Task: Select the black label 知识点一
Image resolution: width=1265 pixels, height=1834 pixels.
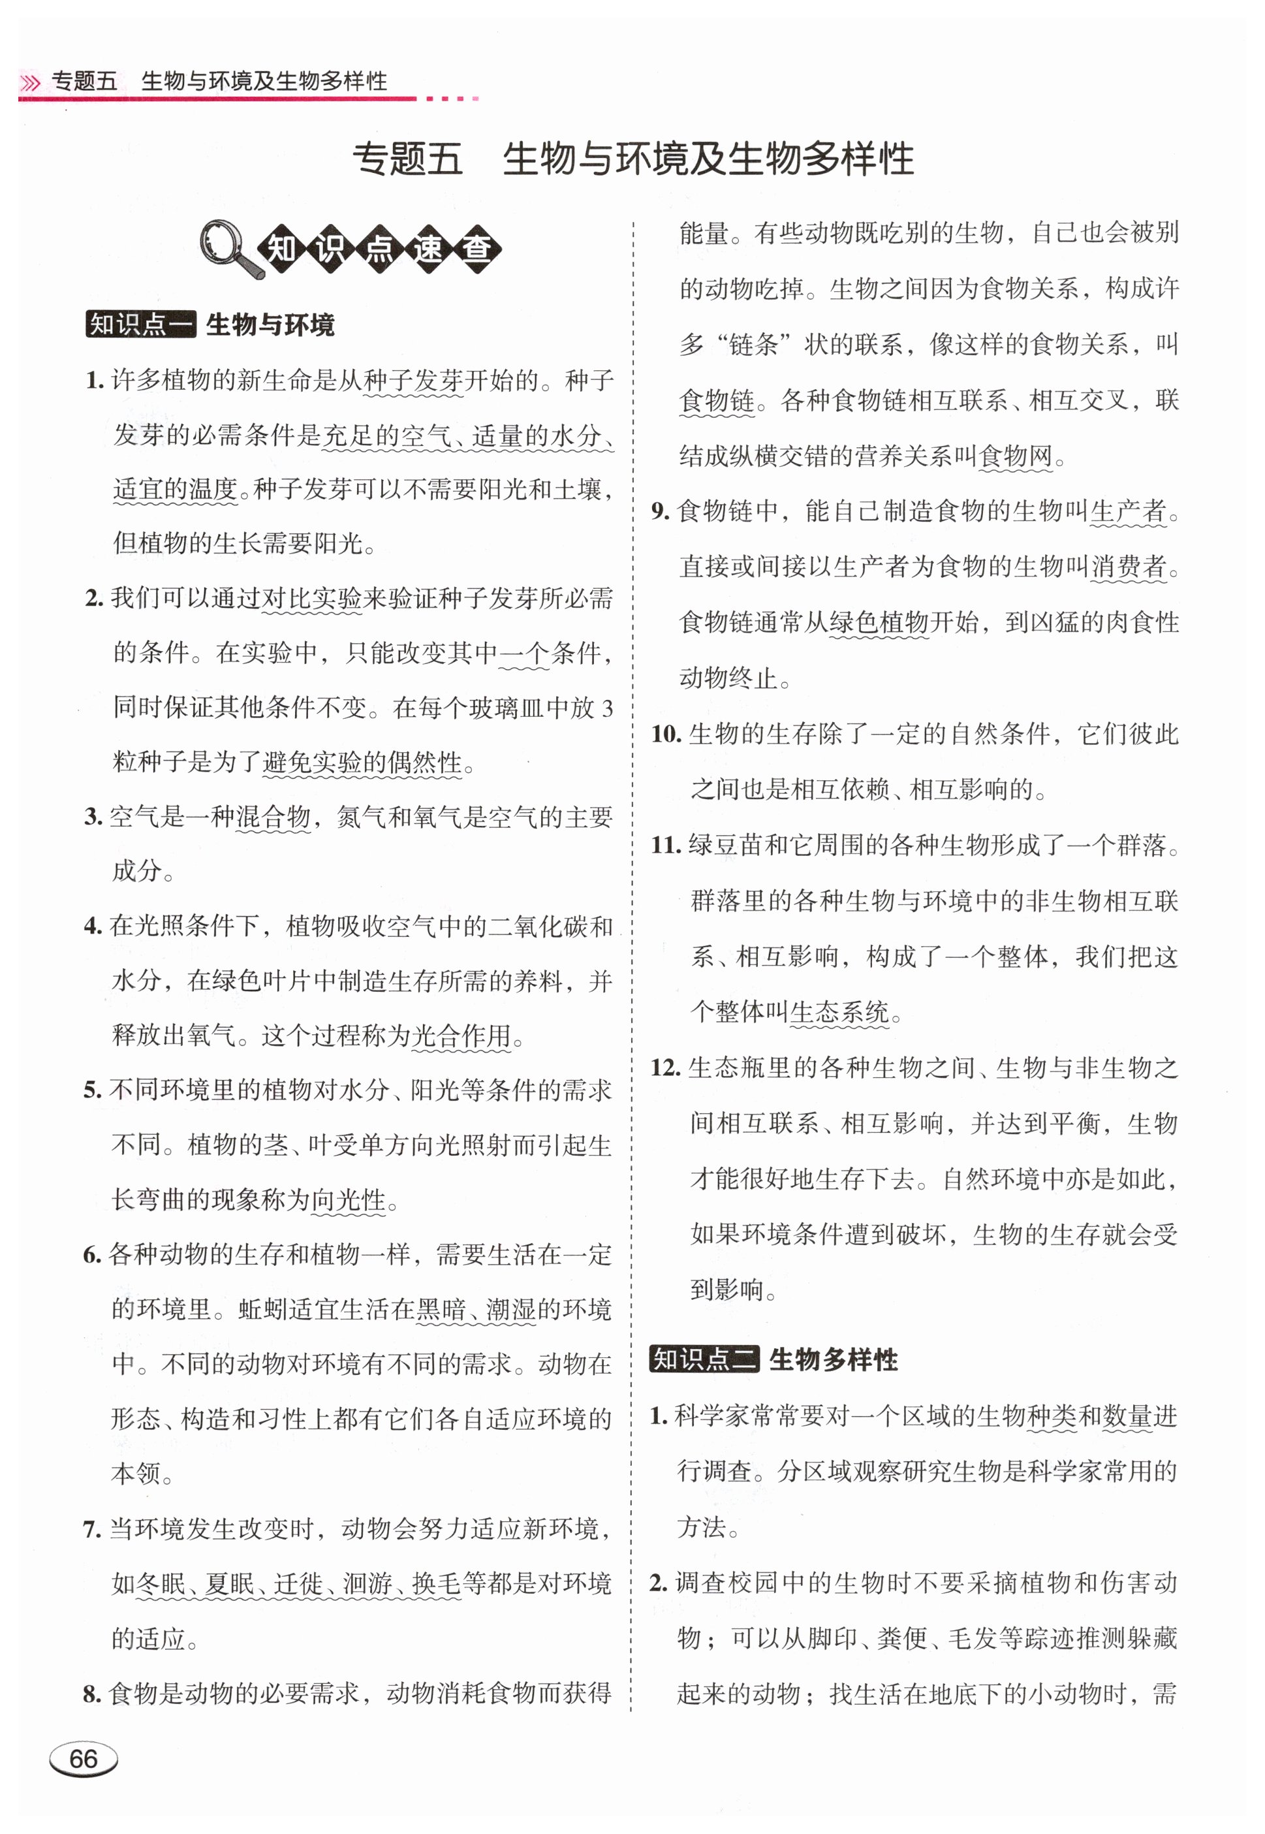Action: tap(140, 324)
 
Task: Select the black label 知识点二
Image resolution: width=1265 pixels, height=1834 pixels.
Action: tap(704, 1359)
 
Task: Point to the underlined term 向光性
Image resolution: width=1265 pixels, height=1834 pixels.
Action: tap(348, 1200)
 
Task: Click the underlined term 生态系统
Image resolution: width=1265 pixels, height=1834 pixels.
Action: tap(839, 1012)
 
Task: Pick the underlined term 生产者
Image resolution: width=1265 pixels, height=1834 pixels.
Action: tap(1128, 511)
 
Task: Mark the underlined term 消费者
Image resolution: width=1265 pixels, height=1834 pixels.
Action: tap(1128, 567)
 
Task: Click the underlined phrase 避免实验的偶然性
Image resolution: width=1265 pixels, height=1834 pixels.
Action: tap(362, 763)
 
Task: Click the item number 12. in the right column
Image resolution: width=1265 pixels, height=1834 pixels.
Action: tap(665, 1067)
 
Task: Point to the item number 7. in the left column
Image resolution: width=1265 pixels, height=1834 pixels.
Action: tap(92, 1529)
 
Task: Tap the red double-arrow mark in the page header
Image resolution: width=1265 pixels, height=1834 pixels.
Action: tap(30, 82)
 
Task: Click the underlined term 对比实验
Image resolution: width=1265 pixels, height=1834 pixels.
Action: tap(311, 599)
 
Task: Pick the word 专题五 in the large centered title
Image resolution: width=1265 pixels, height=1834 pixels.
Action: tap(407, 159)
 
